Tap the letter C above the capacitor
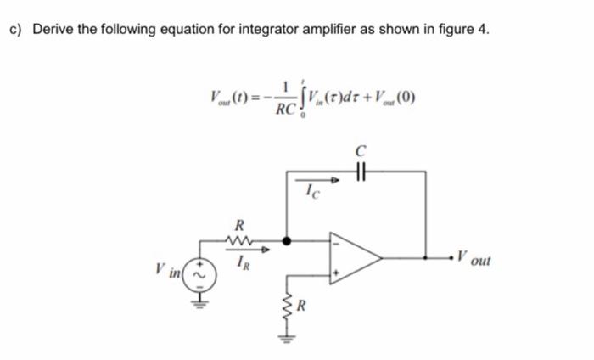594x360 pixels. pyautogui.click(x=361, y=150)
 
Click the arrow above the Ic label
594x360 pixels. pyautogui.click(x=317, y=180)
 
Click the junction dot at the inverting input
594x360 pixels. pyautogui.click(x=285, y=241)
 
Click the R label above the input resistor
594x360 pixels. pyautogui.click(x=238, y=226)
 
